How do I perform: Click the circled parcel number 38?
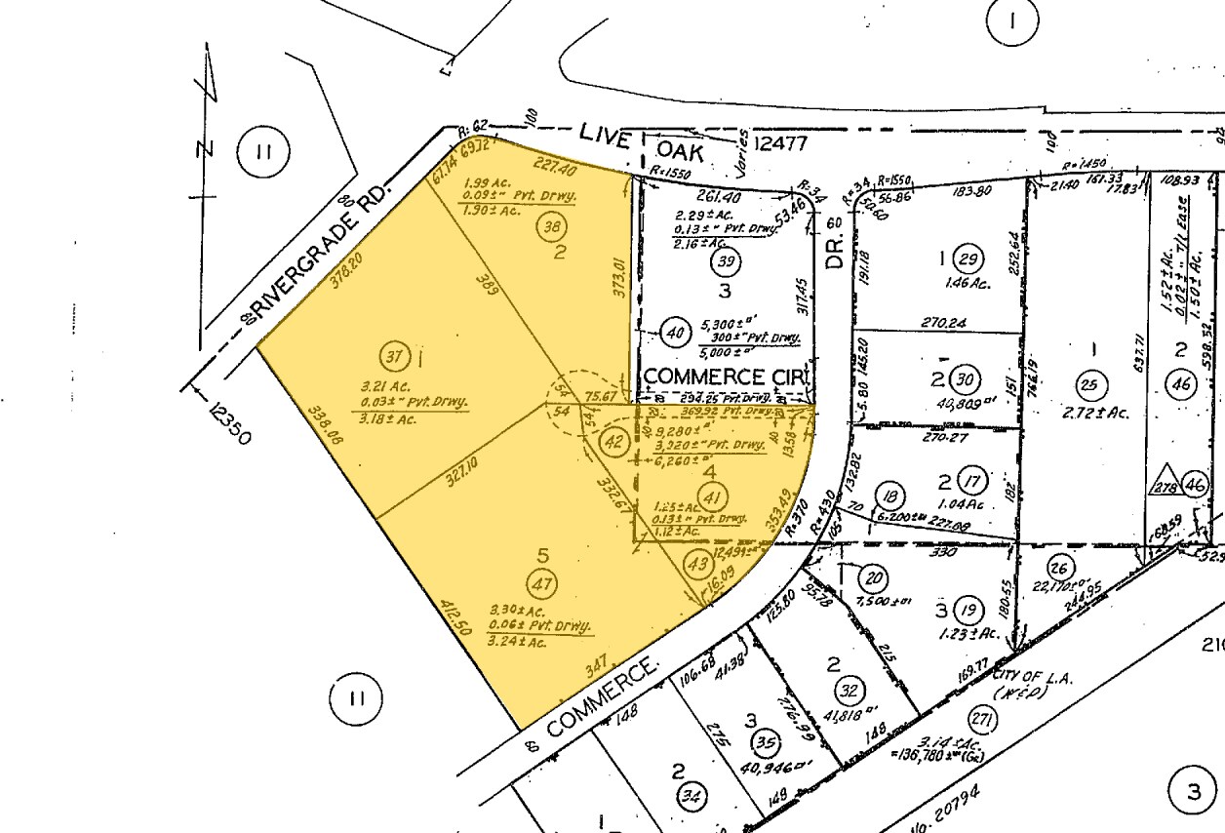click(x=551, y=227)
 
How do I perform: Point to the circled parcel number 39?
click(x=726, y=261)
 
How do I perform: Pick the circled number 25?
click(x=1089, y=384)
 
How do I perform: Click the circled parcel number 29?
click(x=968, y=259)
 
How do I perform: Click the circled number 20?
click(x=875, y=578)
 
